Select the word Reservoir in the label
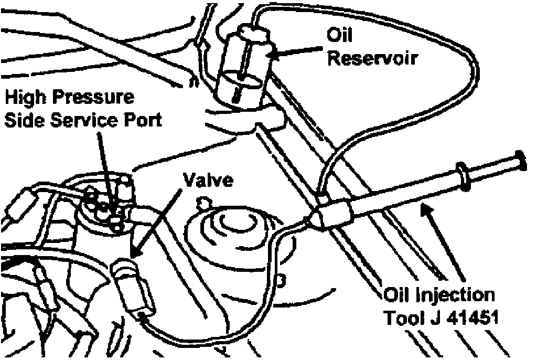coord(372,58)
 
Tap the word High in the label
coord(26,98)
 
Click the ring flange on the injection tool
coord(463,176)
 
